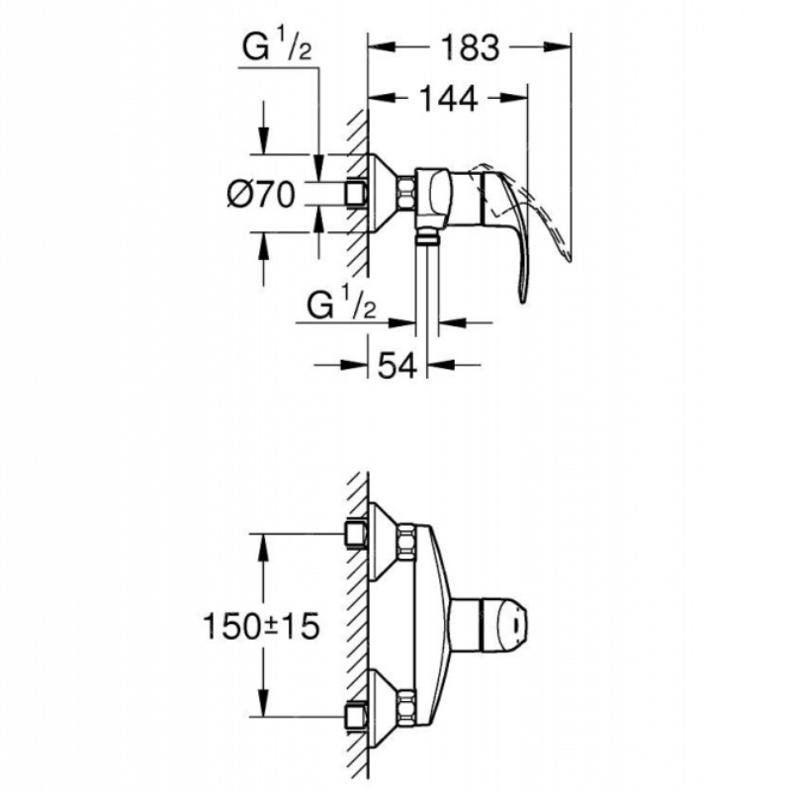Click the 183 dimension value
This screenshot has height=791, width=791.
point(470,47)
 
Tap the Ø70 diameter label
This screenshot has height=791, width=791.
point(261,194)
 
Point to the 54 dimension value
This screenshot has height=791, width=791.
point(397,365)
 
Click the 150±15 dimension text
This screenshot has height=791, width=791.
point(261,626)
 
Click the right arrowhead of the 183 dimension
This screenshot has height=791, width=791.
point(557,47)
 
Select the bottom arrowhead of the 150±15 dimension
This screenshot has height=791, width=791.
point(262,702)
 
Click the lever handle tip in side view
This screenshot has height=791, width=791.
point(524,301)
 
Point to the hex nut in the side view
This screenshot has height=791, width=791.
point(406,193)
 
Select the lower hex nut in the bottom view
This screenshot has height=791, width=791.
point(406,706)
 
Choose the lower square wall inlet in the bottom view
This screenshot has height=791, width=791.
point(356,713)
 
